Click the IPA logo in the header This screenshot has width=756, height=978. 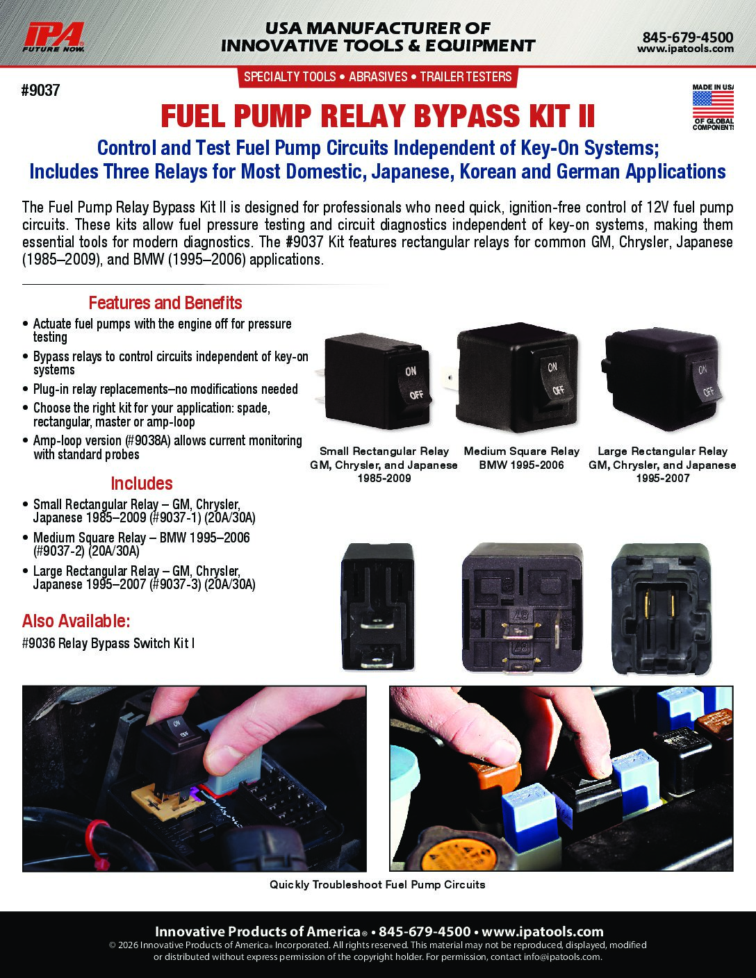click(54, 38)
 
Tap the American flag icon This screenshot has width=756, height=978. click(713, 104)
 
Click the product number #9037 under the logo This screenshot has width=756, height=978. click(40, 90)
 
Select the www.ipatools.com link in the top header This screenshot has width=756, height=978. click(685, 49)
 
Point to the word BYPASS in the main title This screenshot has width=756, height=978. click(467, 116)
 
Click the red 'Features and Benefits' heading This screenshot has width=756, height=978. click(165, 303)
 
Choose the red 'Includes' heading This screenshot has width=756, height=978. click(142, 483)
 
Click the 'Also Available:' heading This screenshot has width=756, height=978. click(76, 621)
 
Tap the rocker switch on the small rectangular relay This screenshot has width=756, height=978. click(414, 383)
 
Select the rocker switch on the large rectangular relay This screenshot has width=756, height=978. click(705, 381)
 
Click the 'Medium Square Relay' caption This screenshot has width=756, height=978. click(521, 451)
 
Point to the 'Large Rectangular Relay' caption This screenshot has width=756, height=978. click(662, 451)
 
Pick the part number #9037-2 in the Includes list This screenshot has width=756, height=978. click(58, 552)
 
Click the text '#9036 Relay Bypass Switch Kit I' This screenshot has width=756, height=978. click(108, 643)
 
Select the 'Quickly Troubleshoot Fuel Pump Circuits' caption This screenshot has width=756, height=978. click(377, 885)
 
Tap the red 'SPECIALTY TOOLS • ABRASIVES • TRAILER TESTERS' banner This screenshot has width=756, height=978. click(378, 77)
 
